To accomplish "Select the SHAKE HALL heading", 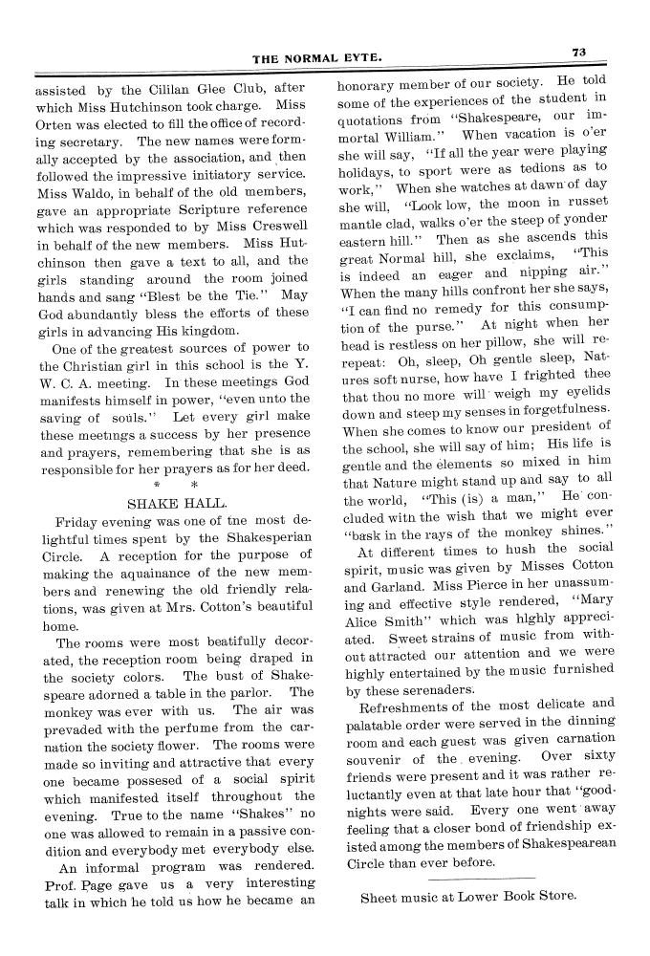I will click(177, 503).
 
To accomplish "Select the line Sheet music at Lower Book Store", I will click(468, 897).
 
